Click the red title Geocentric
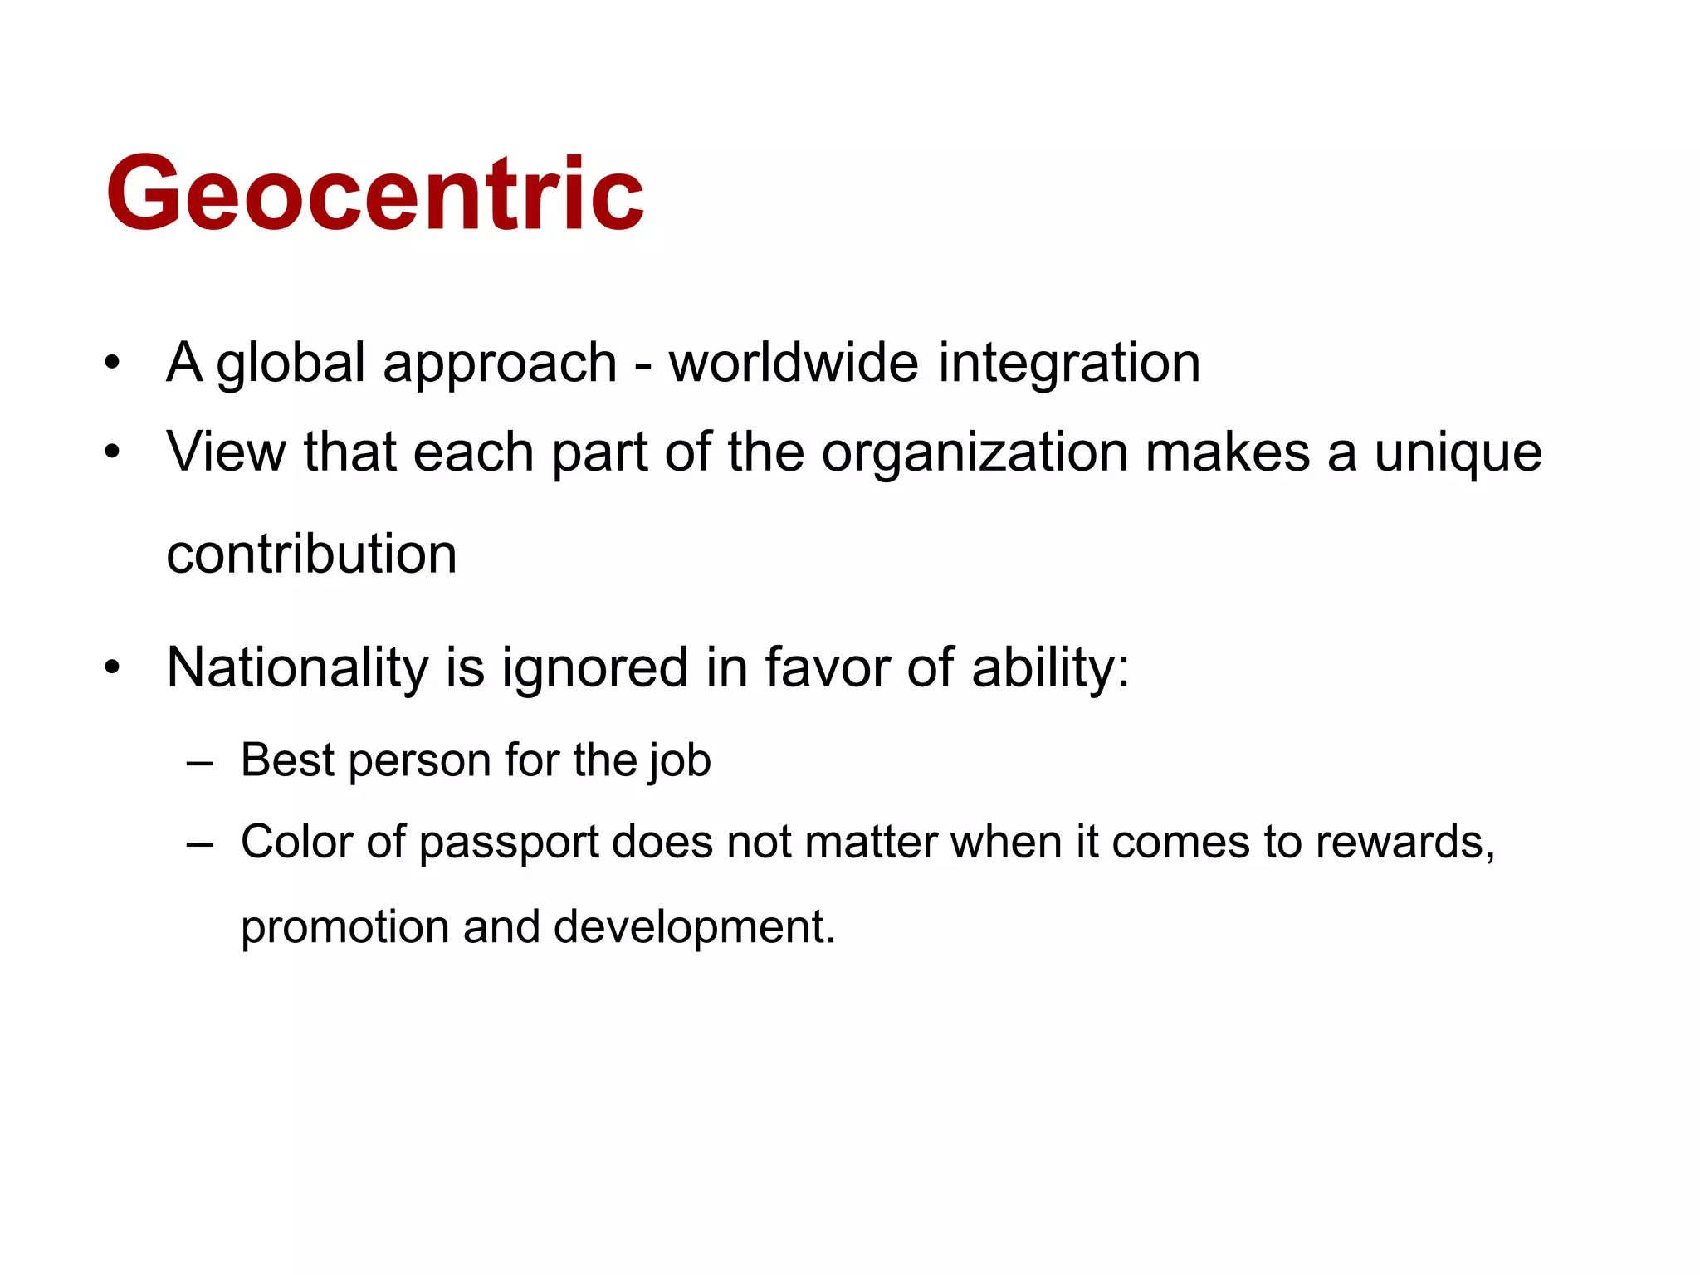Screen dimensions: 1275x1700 click(375, 193)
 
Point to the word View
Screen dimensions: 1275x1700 click(225, 452)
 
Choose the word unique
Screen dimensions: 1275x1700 click(1458, 454)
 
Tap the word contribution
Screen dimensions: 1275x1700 click(311, 554)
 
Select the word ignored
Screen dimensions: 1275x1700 click(594, 668)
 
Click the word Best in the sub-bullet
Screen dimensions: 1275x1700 click(287, 760)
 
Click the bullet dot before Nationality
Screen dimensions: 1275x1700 click(112, 667)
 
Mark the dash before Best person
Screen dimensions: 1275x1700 click(200, 761)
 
